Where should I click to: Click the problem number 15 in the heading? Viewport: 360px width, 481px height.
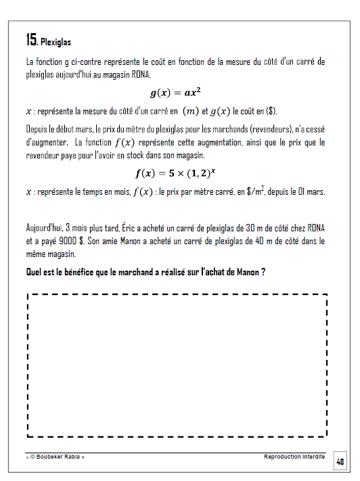[x=30, y=39]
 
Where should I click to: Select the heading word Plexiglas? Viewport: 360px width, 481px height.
[x=56, y=42]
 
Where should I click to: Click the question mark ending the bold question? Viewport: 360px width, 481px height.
[x=262, y=272]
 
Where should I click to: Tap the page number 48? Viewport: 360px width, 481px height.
[x=340, y=461]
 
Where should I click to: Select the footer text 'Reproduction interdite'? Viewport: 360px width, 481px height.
[x=294, y=457]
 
